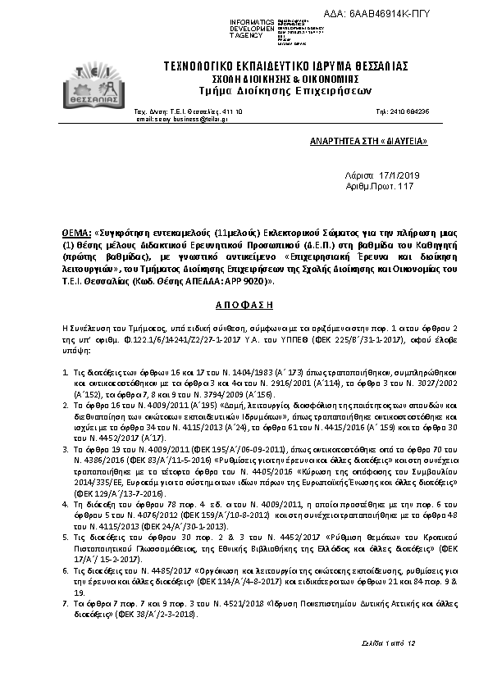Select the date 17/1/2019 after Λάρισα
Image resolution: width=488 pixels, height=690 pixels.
click(399, 175)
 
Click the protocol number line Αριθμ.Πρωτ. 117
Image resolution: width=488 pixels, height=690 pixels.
click(381, 187)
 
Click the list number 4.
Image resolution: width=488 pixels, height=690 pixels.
click(66, 483)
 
